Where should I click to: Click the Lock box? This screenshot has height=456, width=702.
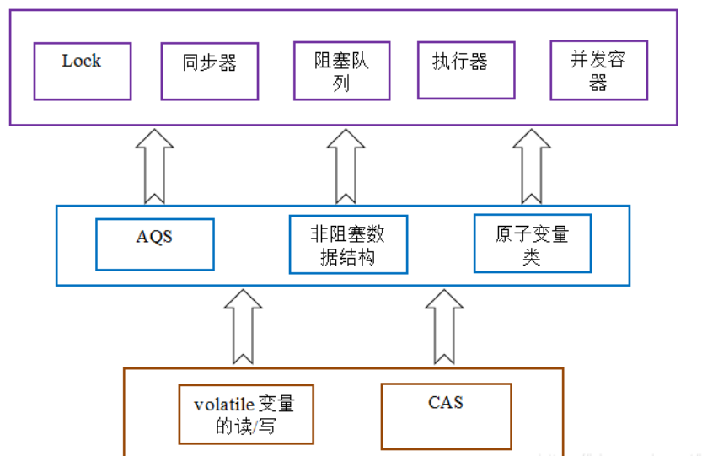point(82,71)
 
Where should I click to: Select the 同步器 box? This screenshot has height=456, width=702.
point(209,70)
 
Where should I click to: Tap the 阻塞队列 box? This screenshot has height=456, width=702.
point(341,71)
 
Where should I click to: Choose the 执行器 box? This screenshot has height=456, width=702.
point(465,69)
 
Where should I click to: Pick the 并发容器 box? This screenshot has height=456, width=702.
point(598,71)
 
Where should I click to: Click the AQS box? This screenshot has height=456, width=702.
point(154,244)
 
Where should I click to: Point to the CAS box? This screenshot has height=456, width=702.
point(446,416)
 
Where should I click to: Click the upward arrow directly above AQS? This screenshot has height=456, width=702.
point(154,166)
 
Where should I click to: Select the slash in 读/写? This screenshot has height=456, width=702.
point(267,426)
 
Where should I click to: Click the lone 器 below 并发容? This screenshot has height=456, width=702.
point(598,83)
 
